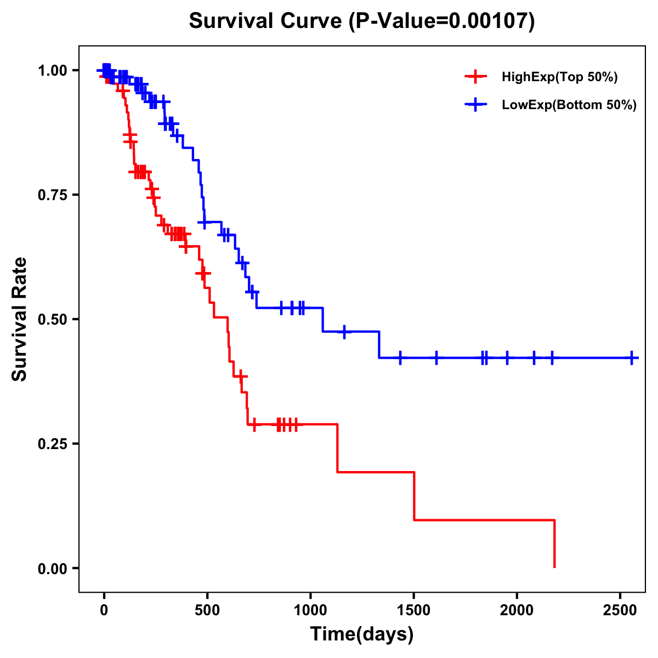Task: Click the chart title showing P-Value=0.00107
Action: (362, 21)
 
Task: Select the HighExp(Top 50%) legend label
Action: (560, 77)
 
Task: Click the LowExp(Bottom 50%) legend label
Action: (569, 105)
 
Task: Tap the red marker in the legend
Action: (476, 77)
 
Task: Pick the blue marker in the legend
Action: (476, 105)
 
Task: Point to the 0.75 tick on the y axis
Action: (54, 195)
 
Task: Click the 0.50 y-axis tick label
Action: (54, 319)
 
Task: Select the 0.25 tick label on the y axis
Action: (54, 444)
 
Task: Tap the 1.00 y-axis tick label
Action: (54, 70)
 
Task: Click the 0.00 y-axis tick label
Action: (54, 568)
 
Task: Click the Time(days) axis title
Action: (362, 634)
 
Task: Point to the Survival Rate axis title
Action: (20, 319)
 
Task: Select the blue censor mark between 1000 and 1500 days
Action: (344, 332)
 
